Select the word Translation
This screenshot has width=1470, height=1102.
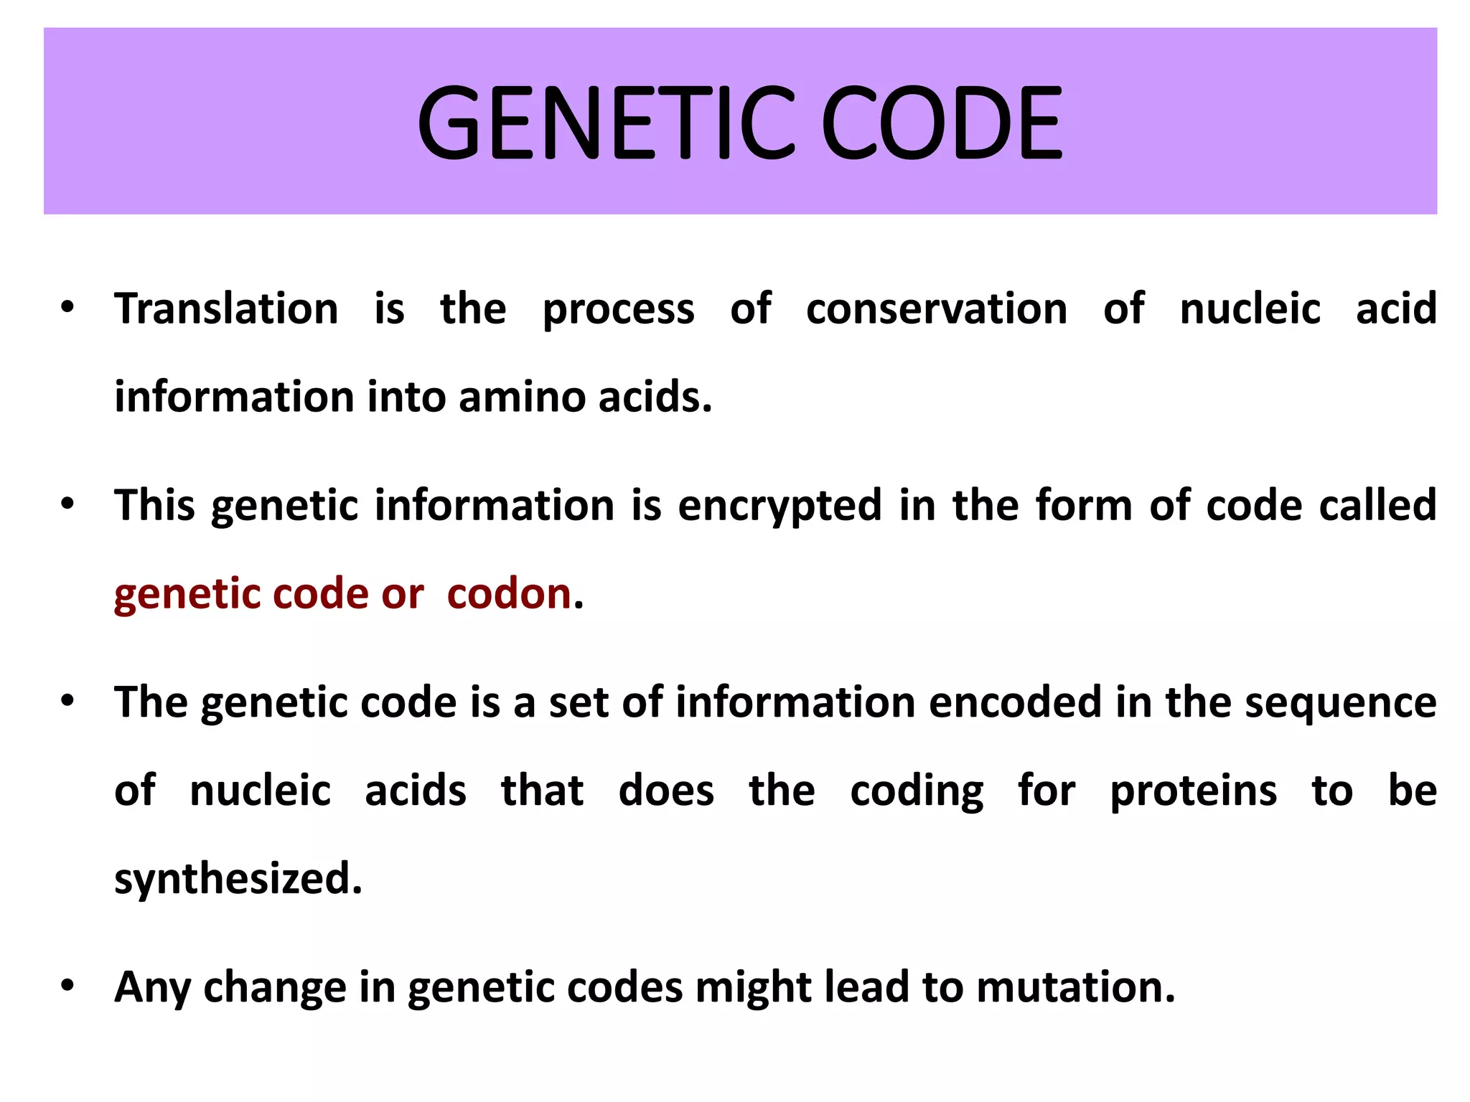226,309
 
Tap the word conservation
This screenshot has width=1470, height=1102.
937,309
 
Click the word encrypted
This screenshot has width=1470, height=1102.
780,506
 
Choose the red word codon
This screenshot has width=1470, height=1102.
509,594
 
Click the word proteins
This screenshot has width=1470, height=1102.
1194,791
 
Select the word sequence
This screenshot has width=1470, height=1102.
1340,702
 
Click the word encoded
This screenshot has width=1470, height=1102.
1015,702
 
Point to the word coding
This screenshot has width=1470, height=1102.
917,792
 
